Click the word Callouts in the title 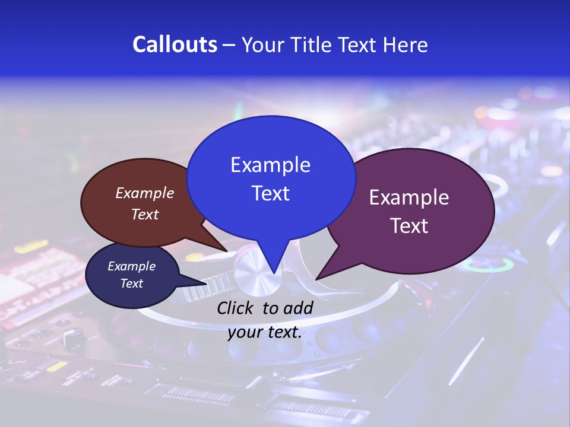pyautogui.click(x=175, y=45)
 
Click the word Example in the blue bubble pyautogui.click(x=271, y=165)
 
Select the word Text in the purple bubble pyautogui.click(x=409, y=225)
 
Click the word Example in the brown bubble pyautogui.click(x=145, y=193)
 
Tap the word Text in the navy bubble pyautogui.click(x=132, y=283)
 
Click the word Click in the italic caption pyautogui.click(x=236, y=308)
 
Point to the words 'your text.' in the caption pyautogui.click(x=264, y=332)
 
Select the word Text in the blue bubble pyautogui.click(x=271, y=193)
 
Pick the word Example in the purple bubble pyautogui.click(x=409, y=197)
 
